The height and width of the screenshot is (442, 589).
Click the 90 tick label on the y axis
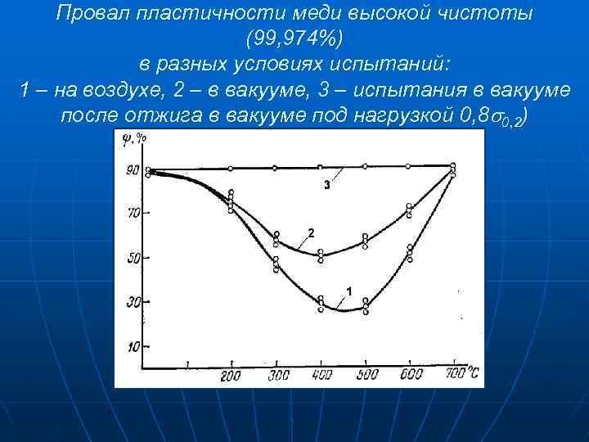click(131, 170)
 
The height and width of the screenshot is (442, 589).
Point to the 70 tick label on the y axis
click(131, 213)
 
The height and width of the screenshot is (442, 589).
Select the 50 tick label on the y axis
click(131, 258)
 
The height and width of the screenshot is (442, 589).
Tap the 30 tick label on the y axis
click(131, 302)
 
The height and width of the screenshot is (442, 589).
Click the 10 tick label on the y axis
click(131, 347)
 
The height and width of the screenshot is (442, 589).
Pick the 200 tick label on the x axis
click(232, 376)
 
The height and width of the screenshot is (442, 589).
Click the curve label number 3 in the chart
click(326, 186)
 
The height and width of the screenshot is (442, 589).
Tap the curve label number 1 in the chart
click(349, 291)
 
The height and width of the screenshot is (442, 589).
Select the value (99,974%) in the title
click(294, 38)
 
